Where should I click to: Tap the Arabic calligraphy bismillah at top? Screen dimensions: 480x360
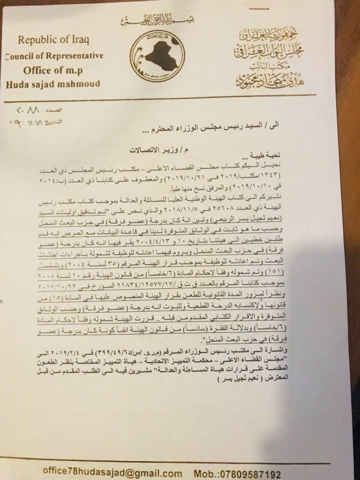click(157, 21)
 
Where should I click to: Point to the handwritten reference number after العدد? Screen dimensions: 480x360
click(31, 113)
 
